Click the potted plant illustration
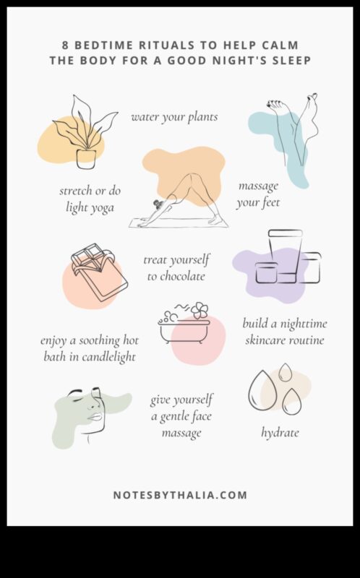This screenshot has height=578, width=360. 85,133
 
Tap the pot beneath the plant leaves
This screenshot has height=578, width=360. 86,159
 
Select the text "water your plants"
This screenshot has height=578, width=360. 174,117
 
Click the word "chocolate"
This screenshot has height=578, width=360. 176,277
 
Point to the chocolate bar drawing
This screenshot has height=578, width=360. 100,272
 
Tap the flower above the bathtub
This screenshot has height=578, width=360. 200,311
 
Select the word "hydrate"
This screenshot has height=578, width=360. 280,433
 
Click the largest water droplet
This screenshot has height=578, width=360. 262,391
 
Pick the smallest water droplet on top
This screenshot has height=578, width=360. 285,372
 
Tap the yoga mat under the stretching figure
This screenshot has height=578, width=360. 179,223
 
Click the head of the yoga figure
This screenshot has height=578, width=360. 159,204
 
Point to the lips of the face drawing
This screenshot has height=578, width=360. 94,417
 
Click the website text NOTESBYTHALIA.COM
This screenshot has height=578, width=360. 180,495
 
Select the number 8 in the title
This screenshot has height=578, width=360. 65,46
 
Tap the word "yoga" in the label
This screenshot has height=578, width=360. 100,208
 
